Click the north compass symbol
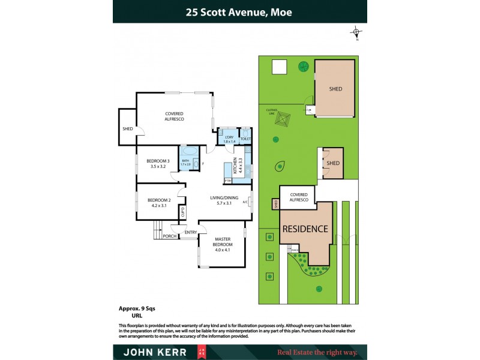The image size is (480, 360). point(356,32)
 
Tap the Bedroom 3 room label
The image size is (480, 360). point(160,161)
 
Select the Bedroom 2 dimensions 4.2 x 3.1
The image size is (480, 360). point(160,206)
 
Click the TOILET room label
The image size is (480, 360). point(245,139)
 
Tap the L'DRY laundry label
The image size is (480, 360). point(229,137)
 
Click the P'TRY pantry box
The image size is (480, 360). point(228,181)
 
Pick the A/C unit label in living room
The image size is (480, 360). point(245,202)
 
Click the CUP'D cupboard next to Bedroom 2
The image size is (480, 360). point(182,212)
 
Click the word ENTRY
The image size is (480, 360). point(191,232)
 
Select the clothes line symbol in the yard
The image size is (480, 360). point(282,120)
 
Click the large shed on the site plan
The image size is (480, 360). point(335,89)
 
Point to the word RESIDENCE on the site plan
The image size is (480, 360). point(305,229)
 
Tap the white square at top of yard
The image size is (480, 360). point(280,67)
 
